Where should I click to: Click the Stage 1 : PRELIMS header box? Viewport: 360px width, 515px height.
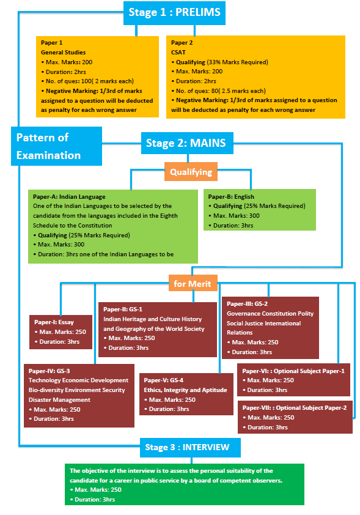point(174,12)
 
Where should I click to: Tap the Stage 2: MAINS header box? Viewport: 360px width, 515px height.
point(186,144)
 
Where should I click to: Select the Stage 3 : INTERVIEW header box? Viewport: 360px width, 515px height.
point(187,447)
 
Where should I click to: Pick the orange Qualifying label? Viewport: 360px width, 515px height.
point(191,172)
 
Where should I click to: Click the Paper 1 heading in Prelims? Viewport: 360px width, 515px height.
point(52,43)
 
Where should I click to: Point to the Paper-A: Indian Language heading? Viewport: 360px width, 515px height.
point(70,197)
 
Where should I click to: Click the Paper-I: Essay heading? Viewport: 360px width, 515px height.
point(55,322)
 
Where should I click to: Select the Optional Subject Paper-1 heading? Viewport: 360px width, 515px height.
point(293,371)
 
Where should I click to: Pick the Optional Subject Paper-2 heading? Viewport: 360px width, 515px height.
point(295,408)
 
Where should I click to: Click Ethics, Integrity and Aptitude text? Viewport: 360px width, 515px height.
point(186,390)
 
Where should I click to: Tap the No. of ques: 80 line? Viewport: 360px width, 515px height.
point(221,91)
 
